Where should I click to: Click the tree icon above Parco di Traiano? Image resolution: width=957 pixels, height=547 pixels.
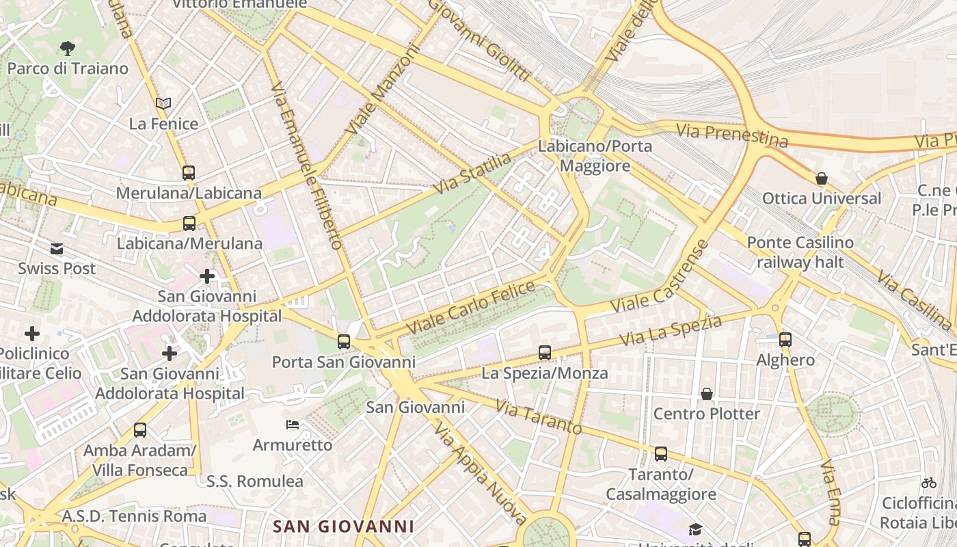(67, 48)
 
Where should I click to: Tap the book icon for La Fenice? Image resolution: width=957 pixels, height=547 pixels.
(163, 103)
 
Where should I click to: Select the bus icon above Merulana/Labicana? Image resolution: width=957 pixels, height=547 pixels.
(189, 173)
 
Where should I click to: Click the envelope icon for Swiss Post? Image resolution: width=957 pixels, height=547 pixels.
(57, 249)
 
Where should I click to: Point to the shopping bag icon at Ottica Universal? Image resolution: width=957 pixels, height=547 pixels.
(821, 178)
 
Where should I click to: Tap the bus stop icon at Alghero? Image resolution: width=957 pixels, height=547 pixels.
(785, 339)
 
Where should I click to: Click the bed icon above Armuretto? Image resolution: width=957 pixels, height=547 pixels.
(293, 425)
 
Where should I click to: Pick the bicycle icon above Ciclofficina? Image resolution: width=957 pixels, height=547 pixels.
(928, 483)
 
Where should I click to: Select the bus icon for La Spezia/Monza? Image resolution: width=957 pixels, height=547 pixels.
(544, 353)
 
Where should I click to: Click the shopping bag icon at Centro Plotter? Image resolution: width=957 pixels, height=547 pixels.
(706, 394)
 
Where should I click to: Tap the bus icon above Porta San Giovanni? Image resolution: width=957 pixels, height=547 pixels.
(343, 341)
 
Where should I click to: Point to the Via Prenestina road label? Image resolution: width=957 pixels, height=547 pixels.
(731, 135)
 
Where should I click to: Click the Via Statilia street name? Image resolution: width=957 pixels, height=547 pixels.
(472, 173)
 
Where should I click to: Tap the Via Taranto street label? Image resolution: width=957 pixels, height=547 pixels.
(538, 418)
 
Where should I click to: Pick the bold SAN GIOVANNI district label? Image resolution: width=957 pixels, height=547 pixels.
(343, 526)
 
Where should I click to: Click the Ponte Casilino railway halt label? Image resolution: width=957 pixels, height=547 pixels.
(800, 252)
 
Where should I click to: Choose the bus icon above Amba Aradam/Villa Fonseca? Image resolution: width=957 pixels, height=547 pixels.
(139, 430)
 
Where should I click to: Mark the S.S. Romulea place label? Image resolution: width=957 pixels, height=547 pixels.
(254, 481)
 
